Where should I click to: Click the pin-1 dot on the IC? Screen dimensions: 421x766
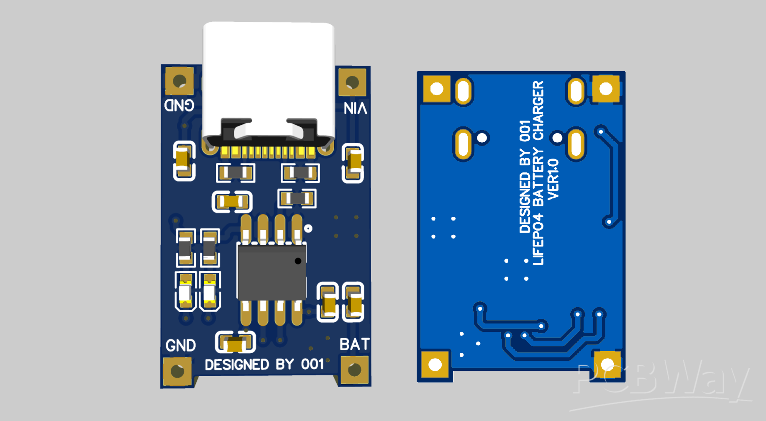click(x=298, y=261)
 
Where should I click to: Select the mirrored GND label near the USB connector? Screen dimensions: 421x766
click(x=179, y=105)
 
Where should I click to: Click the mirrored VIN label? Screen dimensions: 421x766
click(x=355, y=108)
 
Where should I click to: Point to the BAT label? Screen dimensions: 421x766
click(x=354, y=344)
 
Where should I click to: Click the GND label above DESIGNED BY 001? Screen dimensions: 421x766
click(x=180, y=346)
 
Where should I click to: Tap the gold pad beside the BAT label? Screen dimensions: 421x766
click(x=354, y=370)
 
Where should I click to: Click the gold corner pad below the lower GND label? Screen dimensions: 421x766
click(x=177, y=371)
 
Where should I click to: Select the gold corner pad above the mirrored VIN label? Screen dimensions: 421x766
click(x=352, y=82)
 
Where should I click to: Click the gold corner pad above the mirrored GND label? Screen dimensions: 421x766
click(x=179, y=80)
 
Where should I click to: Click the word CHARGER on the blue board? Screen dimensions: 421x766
click(x=538, y=110)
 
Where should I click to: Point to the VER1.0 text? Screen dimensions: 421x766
click(x=553, y=179)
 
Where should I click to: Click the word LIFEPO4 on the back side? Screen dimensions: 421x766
click(x=538, y=239)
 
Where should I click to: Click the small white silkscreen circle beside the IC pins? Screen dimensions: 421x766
click(x=308, y=228)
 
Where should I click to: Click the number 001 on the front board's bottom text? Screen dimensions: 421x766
click(x=313, y=364)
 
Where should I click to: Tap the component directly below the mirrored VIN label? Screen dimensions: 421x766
click(x=353, y=163)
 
